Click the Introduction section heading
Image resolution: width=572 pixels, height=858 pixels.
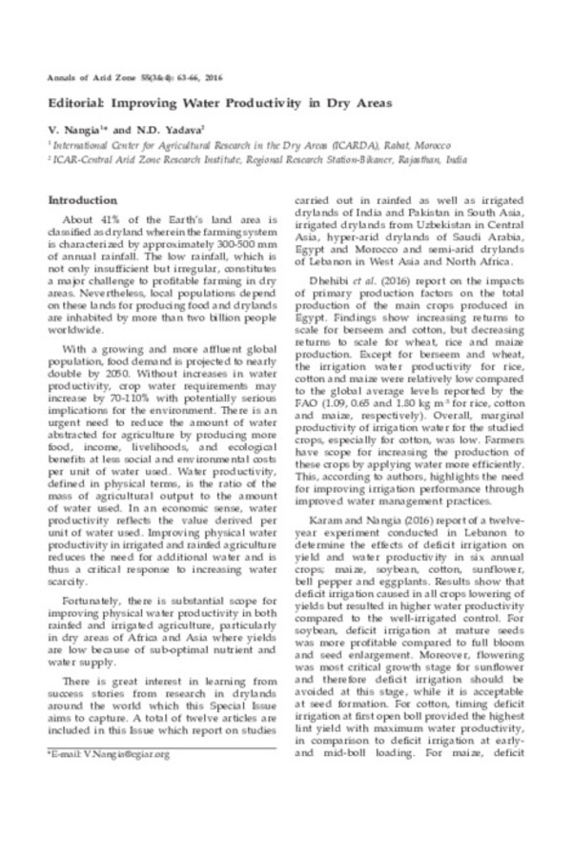click(x=82, y=202)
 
